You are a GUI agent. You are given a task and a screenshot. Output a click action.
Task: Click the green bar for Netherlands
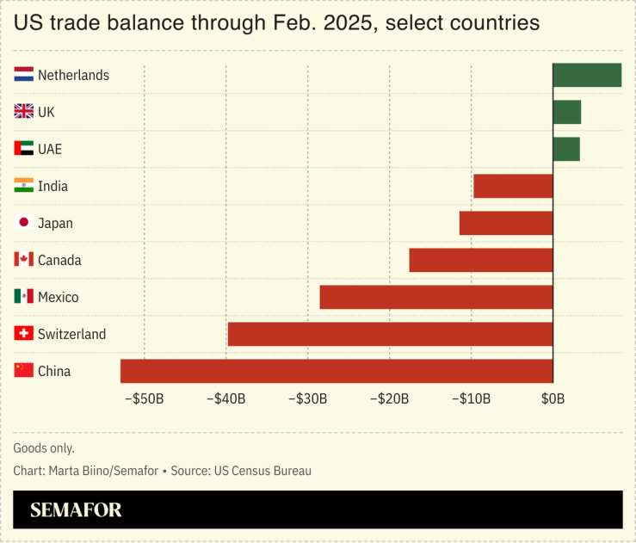pyautogui.click(x=586, y=75)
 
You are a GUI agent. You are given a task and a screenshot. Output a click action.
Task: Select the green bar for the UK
pyautogui.click(x=566, y=112)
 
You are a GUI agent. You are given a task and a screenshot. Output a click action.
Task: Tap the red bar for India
pyautogui.click(x=513, y=186)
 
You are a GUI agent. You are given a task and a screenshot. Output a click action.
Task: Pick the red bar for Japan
pyautogui.click(x=506, y=223)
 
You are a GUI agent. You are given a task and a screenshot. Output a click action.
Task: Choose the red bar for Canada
pyautogui.click(x=481, y=260)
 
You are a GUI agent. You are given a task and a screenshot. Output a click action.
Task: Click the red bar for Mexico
pyautogui.click(x=436, y=297)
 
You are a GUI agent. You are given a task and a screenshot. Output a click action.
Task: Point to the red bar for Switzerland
pyautogui.click(x=390, y=334)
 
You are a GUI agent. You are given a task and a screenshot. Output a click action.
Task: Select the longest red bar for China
pyautogui.click(x=337, y=371)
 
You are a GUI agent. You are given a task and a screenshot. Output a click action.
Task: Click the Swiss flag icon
pyautogui.click(x=24, y=334)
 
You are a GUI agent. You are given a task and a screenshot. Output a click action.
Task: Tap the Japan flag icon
pyautogui.click(x=24, y=223)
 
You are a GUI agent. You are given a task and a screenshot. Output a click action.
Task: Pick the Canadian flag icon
pyautogui.click(x=24, y=260)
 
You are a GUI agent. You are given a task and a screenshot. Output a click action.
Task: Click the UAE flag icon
pyautogui.click(x=24, y=149)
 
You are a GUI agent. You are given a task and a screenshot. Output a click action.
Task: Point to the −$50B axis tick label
pyautogui.click(x=144, y=398)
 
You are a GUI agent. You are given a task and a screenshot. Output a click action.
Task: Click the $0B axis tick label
pyautogui.click(x=553, y=398)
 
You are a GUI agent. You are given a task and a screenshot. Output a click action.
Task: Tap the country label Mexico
pyautogui.click(x=58, y=297)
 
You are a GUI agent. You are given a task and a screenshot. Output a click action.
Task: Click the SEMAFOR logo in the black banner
pyautogui.click(x=76, y=510)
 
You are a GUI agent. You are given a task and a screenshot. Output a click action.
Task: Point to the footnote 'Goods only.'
pyautogui.click(x=44, y=448)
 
